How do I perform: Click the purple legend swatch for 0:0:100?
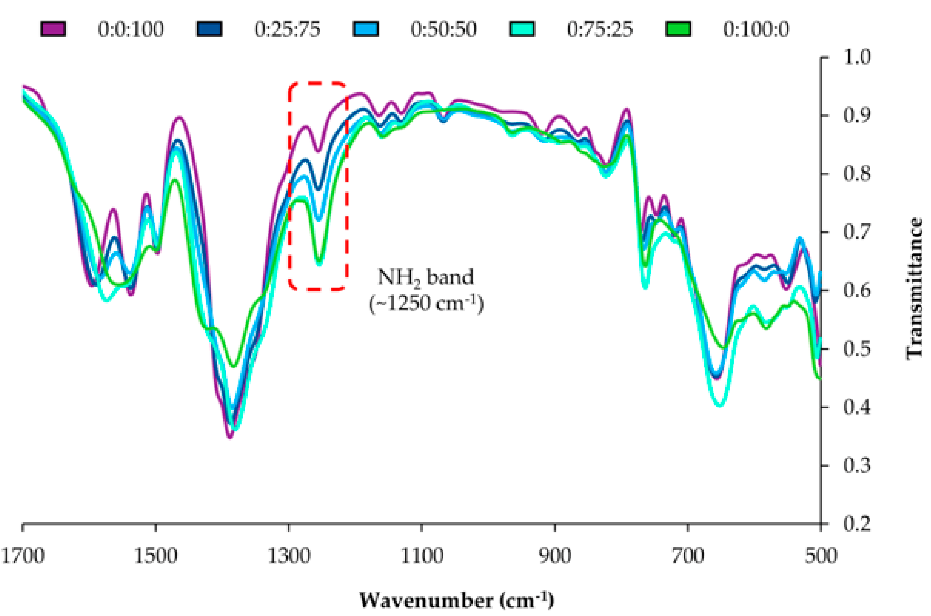[53, 29]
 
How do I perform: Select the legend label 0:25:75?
[287, 29]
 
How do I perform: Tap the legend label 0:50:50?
[444, 29]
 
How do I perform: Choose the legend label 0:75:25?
[600, 29]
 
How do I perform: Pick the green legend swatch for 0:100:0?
[678, 29]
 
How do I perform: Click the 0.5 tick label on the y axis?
[856, 349]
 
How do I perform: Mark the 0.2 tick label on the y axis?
[856, 524]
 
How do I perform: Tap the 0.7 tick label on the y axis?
[856, 232]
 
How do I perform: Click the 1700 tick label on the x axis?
[23, 556]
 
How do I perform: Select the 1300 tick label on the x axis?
[289, 556]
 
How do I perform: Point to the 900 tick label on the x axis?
[555, 556]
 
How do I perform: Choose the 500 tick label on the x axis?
[821, 556]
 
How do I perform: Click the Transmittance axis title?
[915, 289]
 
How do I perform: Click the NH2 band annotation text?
[425, 277]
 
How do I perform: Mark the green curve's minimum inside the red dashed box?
[319, 262]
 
